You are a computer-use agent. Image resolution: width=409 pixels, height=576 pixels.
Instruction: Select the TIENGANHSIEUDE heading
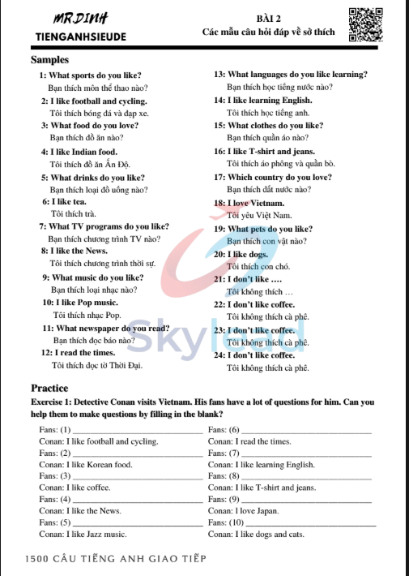[x=75, y=37]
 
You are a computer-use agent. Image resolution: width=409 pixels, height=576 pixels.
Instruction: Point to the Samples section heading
[x=49, y=60]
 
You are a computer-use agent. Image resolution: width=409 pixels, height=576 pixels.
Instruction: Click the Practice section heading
[x=49, y=388]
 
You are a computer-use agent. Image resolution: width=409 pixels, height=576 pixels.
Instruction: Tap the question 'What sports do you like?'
[x=91, y=75]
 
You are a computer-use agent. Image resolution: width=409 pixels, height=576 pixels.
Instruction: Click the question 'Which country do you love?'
[x=273, y=177]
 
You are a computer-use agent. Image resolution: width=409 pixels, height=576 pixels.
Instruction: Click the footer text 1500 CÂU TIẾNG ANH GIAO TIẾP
[x=116, y=559]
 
